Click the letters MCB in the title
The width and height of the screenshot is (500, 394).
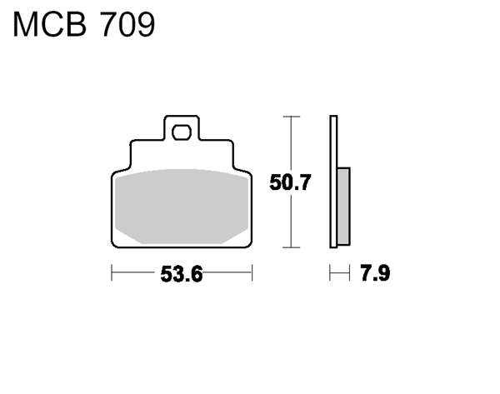pyautogui.click(x=50, y=25)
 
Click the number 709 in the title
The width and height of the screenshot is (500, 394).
pyautogui.click(x=127, y=25)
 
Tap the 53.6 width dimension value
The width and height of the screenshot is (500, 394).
pyautogui.click(x=182, y=274)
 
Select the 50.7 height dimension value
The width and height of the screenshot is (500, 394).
pyautogui.click(x=290, y=182)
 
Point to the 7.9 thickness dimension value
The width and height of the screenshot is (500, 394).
pyautogui.click(x=375, y=273)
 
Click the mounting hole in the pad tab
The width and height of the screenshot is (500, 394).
pyautogui.click(x=182, y=132)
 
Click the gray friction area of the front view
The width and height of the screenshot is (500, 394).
pyautogui.click(x=182, y=207)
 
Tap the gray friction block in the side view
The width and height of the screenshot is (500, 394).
pyautogui.click(x=343, y=206)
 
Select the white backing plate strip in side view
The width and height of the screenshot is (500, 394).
pyautogui.click(x=333, y=182)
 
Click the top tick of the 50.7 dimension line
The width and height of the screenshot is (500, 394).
pyautogui.click(x=291, y=117)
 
